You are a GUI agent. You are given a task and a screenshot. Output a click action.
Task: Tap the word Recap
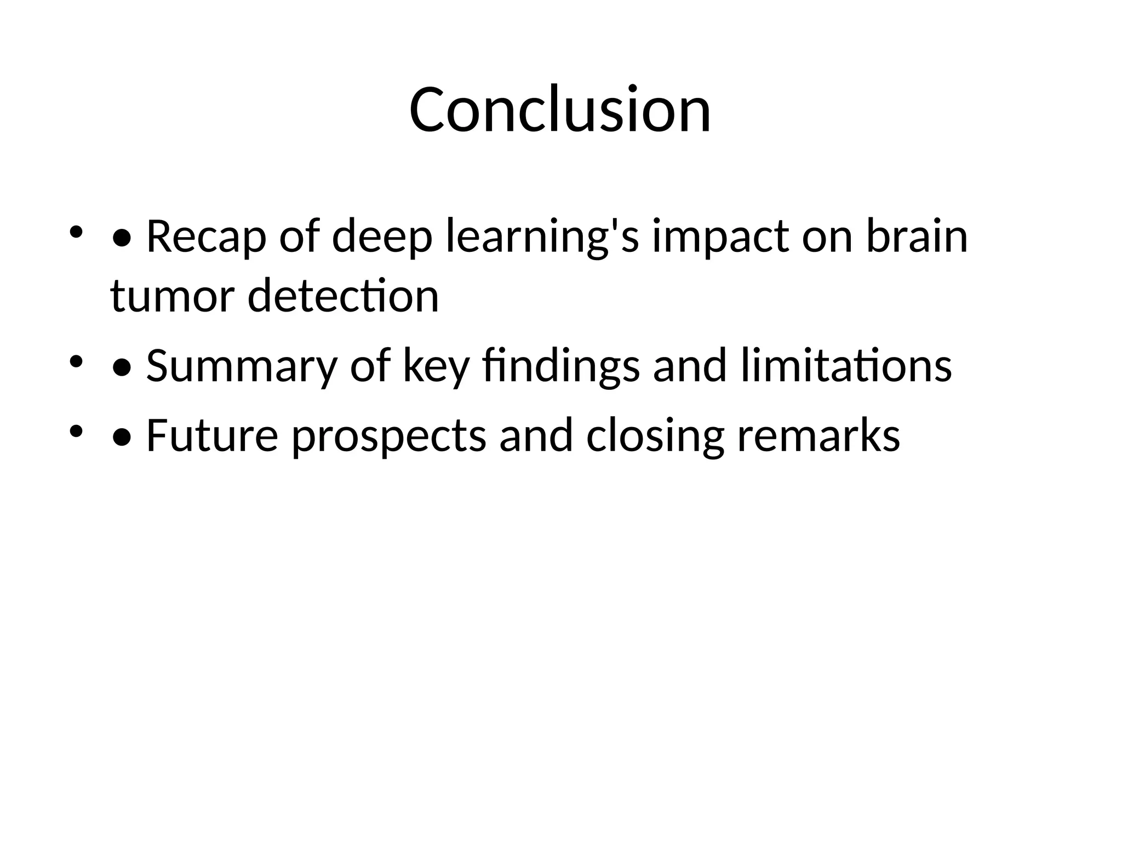coord(206,237)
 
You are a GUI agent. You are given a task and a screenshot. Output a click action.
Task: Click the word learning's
coord(542,237)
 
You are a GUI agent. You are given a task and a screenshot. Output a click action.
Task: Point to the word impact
coord(720,237)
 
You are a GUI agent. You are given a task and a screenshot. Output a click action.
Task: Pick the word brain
coord(917,237)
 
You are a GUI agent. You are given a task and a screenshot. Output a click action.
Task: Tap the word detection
coord(343,296)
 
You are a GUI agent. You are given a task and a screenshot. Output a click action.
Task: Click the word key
coord(436,366)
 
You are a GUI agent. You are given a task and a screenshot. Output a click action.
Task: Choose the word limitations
coord(846,366)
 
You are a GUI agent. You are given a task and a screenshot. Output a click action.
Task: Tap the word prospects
coord(388,435)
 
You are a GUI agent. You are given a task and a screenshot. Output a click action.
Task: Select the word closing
coord(655,435)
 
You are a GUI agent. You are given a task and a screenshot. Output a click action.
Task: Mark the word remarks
coord(818,435)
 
